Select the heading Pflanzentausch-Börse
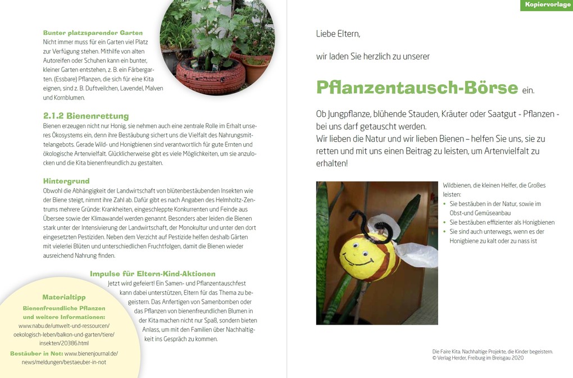pos(416,88)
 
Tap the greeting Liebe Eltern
pos(338,34)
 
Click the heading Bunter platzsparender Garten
pos(93,33)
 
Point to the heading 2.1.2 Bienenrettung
pos(86,116)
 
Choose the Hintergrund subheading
pos(66,181)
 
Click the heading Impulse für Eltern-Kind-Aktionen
pos(152,274)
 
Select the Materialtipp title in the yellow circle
pos(64,297)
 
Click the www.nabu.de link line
pos(64,326)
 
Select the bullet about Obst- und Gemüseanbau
pos(494,208)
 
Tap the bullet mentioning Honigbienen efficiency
pos(502,222)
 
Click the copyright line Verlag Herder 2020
pos(477,358)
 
